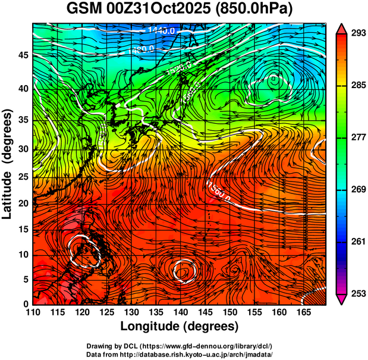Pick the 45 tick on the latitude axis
[x=22, y=55]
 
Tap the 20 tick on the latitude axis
[x=22, y=204]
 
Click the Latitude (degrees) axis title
[x=8, y=164]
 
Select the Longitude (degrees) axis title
[x=180, y=326]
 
